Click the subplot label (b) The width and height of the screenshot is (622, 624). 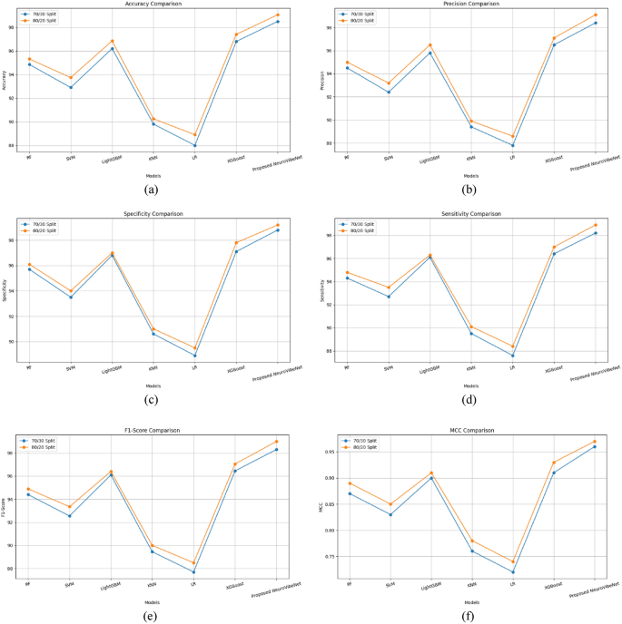[469, 190]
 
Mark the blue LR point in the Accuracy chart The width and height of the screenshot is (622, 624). [194, 145]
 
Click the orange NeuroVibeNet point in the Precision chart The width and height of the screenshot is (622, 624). [596, 15]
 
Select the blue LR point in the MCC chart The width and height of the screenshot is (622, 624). [513, 572]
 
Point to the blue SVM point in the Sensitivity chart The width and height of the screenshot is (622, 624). [389, 297]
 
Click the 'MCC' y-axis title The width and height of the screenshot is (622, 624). [319, 507]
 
